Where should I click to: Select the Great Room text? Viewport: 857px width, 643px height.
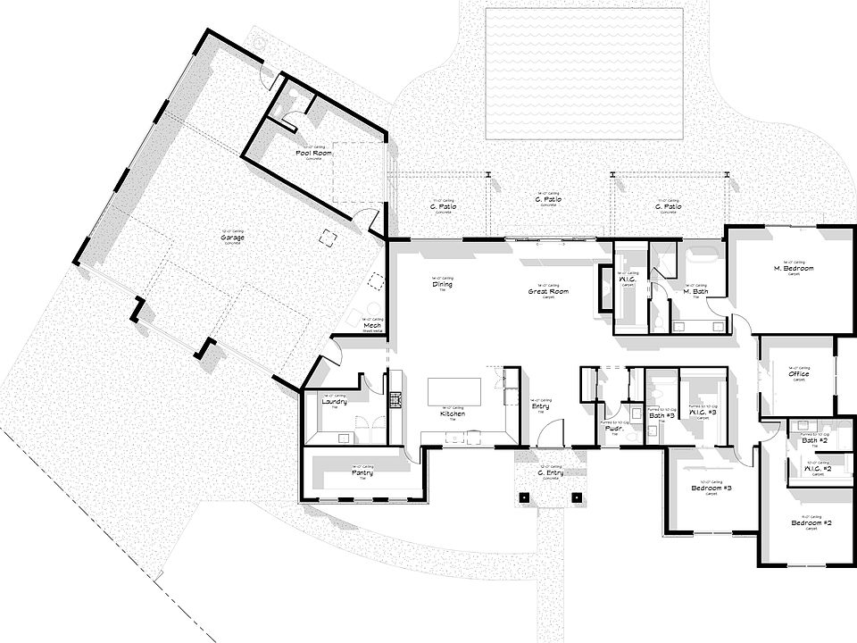click(x=548, y=292)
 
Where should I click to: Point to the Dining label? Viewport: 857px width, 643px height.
click(x=442, y=285)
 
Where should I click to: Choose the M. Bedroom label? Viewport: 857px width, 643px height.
click(x=790, y=268)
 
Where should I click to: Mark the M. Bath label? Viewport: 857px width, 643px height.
click(x=696, y=292)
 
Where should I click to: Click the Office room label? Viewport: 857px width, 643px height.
click(x=798, y=374)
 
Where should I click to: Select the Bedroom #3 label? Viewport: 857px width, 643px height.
click(x=711, y=489)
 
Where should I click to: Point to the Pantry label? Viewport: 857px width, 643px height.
click(x=362, y=473)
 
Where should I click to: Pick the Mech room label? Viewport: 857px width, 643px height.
click(x=373, y=326)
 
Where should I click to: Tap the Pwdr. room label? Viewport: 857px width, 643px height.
click(x=613, y=428)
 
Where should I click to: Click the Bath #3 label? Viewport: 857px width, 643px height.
click(x=661, y=416)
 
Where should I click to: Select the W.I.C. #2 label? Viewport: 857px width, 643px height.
click(x=818, y=469)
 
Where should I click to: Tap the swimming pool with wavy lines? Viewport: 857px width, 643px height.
click(x=586, y=73)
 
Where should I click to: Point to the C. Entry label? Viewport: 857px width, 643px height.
click(x=549, y=472)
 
